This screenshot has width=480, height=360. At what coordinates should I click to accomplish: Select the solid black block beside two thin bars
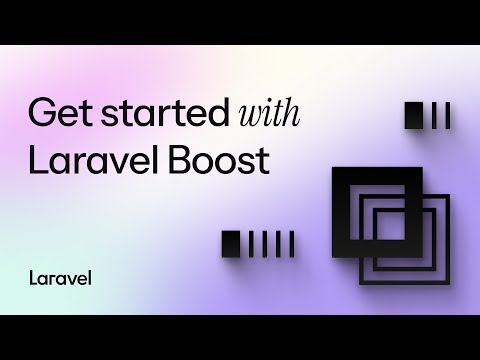pos(415,117)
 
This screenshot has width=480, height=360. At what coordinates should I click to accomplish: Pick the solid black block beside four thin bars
pos(232,243)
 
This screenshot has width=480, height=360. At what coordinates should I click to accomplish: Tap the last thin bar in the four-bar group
pos(291,243)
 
